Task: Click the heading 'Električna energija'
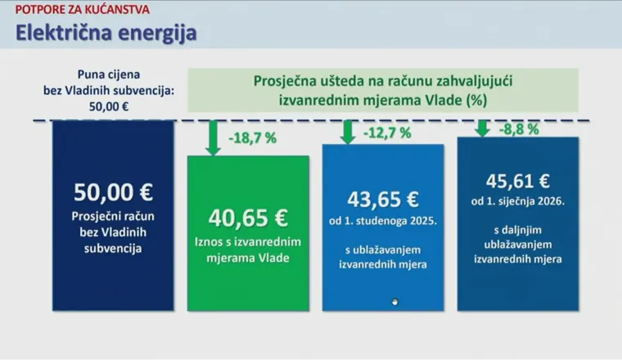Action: coord(106,33)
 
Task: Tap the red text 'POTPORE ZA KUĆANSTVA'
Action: coord(83,10)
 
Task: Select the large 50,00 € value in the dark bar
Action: coord(113,192)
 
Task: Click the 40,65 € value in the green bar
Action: coord(248,218)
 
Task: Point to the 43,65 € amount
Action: coord(383,199)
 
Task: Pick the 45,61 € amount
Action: coord(518,181)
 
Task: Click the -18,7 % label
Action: coord(252,138)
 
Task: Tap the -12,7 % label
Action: coord(387,133)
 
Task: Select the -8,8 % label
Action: coord(519,128)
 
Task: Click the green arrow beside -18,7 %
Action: coord(213,137)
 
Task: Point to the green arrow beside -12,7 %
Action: coord(348,132)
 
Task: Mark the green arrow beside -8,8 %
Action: coord(482,128)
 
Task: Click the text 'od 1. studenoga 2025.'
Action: coord(383,221)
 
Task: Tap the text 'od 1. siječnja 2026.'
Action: coord(518,201)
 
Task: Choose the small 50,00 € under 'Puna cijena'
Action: coord(109,106)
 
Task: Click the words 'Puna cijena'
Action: coord(109,74)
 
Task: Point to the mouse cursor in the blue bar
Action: coord(394,302)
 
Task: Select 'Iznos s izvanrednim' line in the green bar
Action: coord(248,242)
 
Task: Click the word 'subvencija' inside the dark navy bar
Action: coord(113,249)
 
